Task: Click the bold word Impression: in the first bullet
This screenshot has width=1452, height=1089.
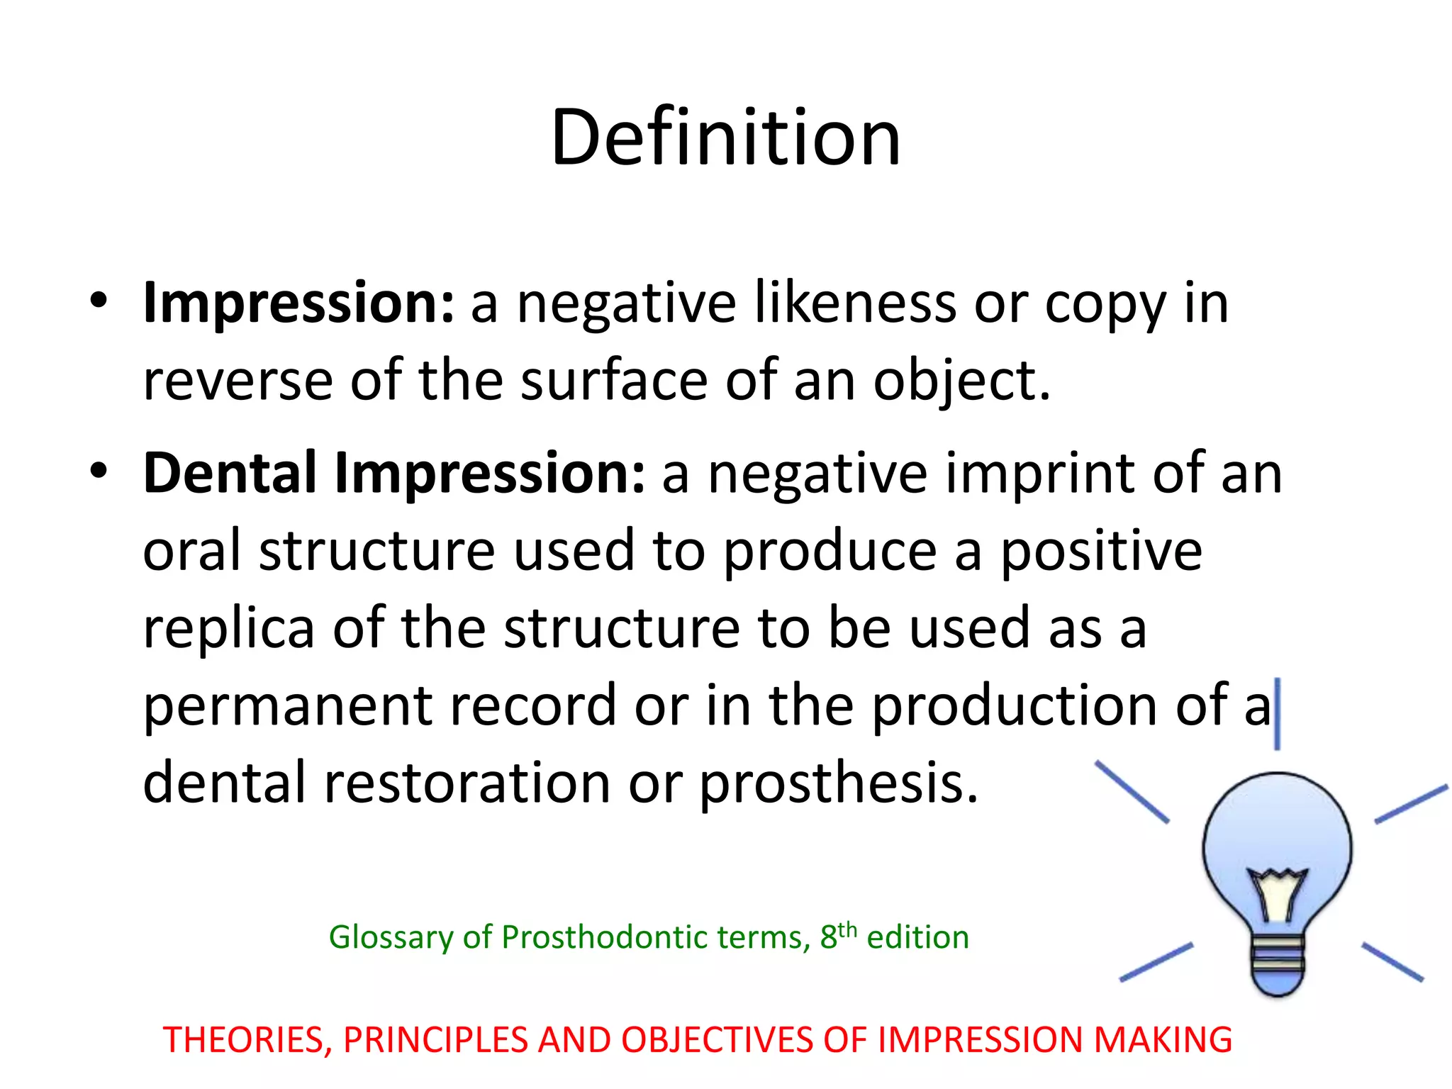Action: pyautogui.click(x=298, y=303)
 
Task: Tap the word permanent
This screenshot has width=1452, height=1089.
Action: pyautogui.click(x=287, y=706)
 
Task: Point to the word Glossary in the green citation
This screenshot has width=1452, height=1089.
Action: pyautogui.click(x=390, y=938)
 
